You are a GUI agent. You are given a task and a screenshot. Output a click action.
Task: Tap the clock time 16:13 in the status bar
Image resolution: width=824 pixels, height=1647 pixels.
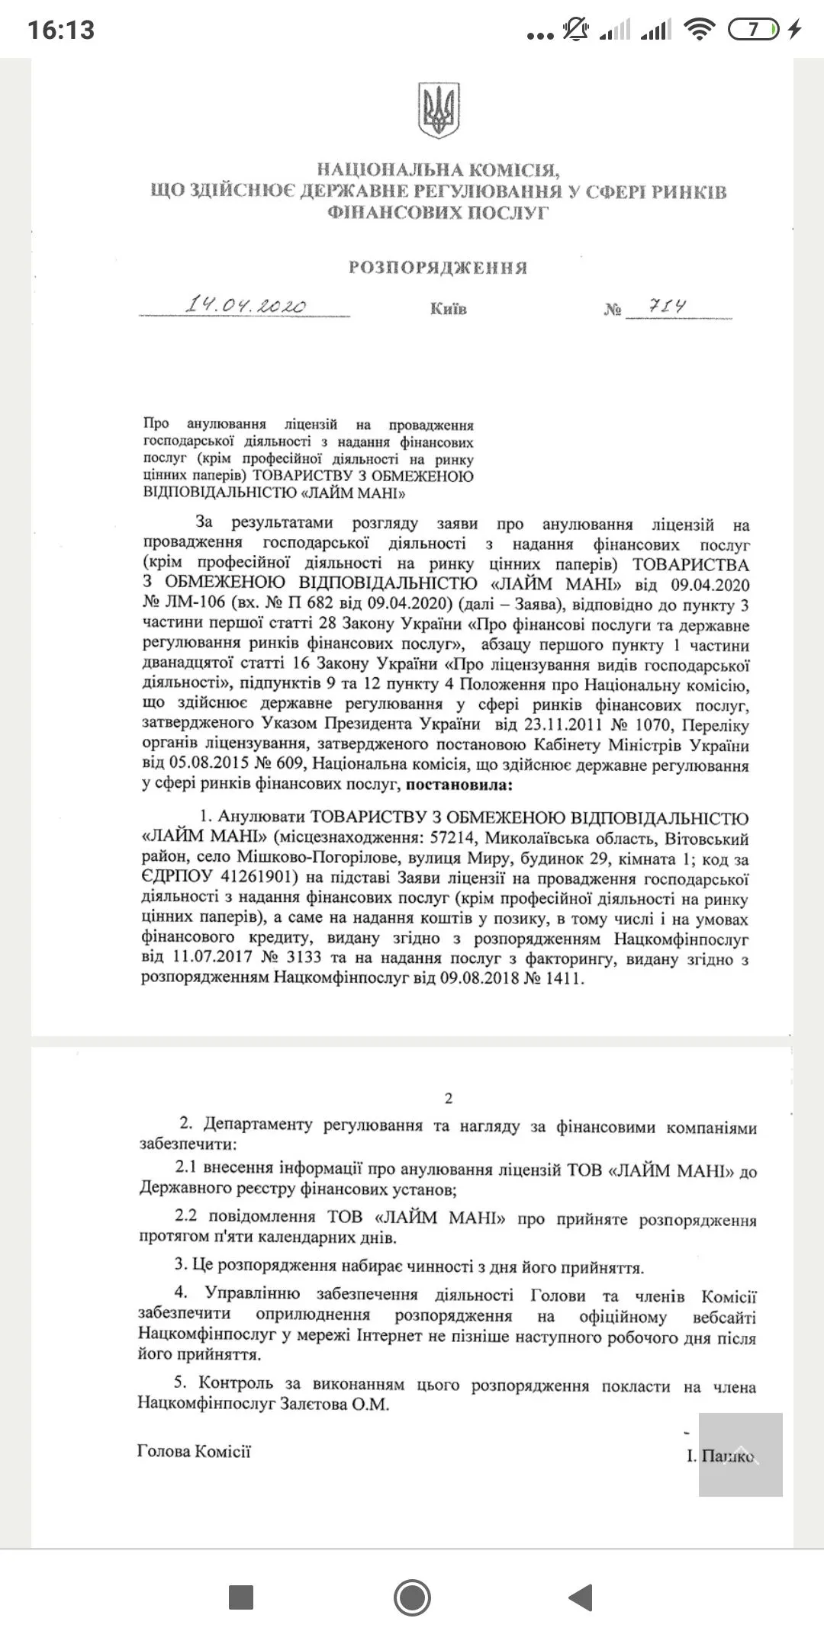tap(61, 30)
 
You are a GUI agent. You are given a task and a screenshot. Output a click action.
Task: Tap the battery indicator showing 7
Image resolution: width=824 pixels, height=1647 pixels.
tap(754, 30)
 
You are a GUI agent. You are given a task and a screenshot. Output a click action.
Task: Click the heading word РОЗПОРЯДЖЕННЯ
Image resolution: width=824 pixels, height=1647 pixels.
tap(438, 268)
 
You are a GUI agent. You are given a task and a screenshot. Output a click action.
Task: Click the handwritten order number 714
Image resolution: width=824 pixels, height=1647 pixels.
tap(666, 307)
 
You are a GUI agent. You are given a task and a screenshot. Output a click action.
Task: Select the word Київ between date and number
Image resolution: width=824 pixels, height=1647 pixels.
tap(448, 309)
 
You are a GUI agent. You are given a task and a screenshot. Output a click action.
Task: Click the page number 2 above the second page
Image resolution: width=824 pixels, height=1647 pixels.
tap(449, 1098)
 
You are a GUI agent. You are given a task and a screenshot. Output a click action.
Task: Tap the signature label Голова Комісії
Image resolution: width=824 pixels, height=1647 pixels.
tap(194, 1451)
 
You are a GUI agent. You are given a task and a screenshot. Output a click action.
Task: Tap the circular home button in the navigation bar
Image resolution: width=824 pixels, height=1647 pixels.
tap(412, 1598)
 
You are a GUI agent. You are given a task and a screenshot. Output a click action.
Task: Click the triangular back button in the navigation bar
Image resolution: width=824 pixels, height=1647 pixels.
tap(581, 1598)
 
